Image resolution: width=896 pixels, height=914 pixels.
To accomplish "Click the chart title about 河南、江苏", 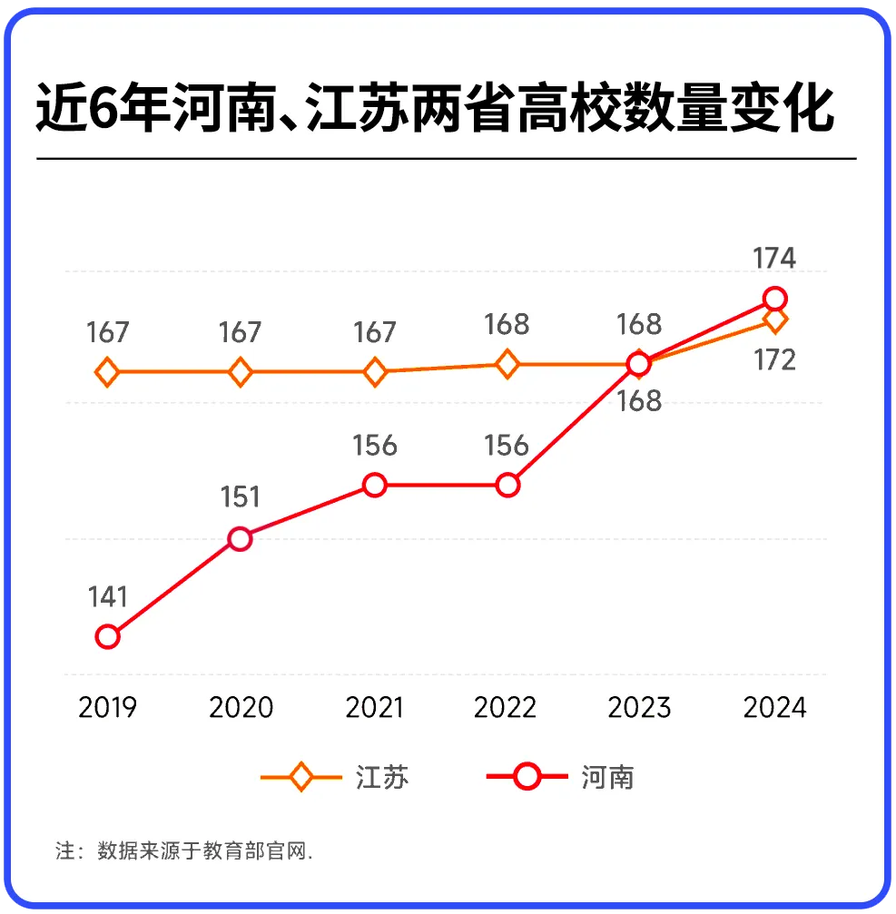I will point(434,109).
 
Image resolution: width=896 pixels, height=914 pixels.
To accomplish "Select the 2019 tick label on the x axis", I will point(107,707).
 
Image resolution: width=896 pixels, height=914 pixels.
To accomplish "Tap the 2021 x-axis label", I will point(375,707).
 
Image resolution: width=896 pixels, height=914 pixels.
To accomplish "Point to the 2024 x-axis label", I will point(774,707).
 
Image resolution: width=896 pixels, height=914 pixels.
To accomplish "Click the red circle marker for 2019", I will point(107,636).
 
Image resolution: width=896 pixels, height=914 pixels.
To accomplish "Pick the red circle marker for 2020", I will point(240,539).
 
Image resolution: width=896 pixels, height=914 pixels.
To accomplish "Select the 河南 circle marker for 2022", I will point(507,486).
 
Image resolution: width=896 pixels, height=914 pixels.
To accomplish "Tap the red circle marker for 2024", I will point(774,299).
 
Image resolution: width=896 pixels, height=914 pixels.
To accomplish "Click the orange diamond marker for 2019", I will point(107,372).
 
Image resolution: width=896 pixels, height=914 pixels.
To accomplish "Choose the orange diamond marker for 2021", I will point(375,372).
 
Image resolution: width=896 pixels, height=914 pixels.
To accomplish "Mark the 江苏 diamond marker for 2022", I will point(507,365).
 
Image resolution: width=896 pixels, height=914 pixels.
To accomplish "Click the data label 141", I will point(107,597).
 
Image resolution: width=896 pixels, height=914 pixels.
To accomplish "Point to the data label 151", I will point(240,497).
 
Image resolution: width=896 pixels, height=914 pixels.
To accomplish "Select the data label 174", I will point(774,259).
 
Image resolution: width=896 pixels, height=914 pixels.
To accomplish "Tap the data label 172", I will point(774,360).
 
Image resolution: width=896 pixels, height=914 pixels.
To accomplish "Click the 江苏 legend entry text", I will point(383,778).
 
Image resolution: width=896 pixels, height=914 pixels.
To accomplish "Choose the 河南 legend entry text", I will point(606,778).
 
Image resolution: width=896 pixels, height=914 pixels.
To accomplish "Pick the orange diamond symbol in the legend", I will point(301,778).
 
